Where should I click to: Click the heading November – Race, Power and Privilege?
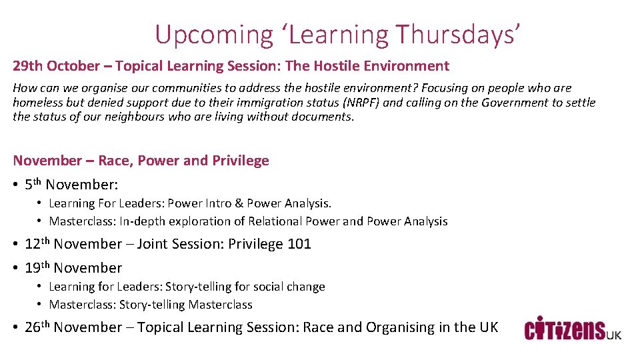(x=141, y=161)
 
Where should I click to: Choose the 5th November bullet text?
(x=71, y=185)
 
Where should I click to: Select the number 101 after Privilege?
(x=299, y=244)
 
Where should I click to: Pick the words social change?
(x=299, y=287)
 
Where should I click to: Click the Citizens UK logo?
(x=573, y=329)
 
